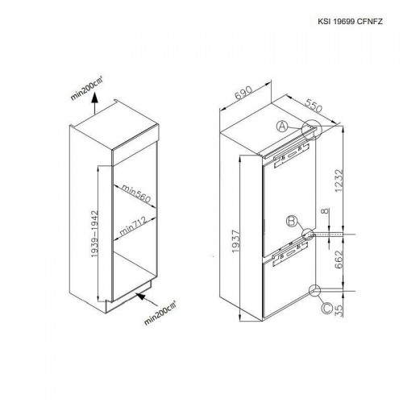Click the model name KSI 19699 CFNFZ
(350, 22)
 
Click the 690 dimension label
(243, 93)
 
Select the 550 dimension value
(314, 106)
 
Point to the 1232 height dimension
(339, 181)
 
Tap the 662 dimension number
(339, 260)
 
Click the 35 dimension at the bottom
(339, 310)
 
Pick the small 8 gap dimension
(326, 211)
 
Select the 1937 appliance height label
(235, 241)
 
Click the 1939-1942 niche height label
(94, 234)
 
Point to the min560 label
(135, 193)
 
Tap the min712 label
(133, 226)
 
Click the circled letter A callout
(282, 126)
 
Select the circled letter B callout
(292, 222)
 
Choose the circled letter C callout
(327, 308)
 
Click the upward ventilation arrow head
(94, 98)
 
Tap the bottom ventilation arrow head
(141, 296)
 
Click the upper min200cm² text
(86, 88)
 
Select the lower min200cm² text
(160, 313)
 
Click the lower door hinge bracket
(290, 254)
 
